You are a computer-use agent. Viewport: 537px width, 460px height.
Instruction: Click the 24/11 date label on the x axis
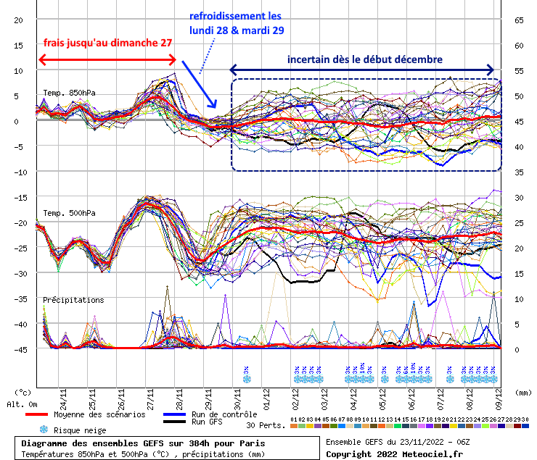click(x=64, y=399)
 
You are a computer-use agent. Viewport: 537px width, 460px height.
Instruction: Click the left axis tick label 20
click(x=18, y=20)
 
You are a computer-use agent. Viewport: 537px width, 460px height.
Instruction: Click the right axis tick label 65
click(x=519, y=20)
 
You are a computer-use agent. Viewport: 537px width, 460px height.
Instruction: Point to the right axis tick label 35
click(x=519, y=172)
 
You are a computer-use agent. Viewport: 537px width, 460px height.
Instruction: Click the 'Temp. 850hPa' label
click(x=69, y=92)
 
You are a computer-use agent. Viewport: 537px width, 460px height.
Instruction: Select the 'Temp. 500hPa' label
click(x=69, y=213)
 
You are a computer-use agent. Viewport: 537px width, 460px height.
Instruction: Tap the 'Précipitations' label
click(x=73, y=299)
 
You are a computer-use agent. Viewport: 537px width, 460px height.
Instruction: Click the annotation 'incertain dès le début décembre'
click(x=365, y=59)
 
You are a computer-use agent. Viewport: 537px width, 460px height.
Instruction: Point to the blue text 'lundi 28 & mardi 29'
click(x=237, y=30)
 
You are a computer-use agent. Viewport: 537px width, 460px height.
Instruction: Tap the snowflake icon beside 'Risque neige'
click(x=43, y=429)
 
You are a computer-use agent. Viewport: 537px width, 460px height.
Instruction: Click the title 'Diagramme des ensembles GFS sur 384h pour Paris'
click(x=143, y=443)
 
